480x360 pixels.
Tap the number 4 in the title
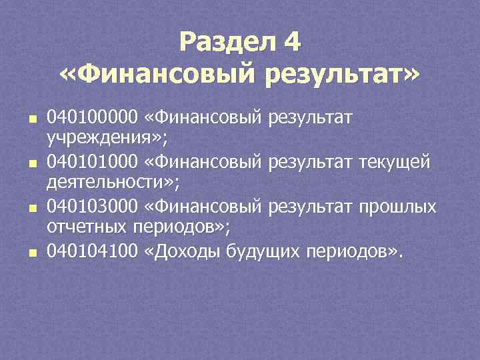pos(292,43)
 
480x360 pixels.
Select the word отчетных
pos(81,226)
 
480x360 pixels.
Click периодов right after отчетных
pos(173,226)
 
